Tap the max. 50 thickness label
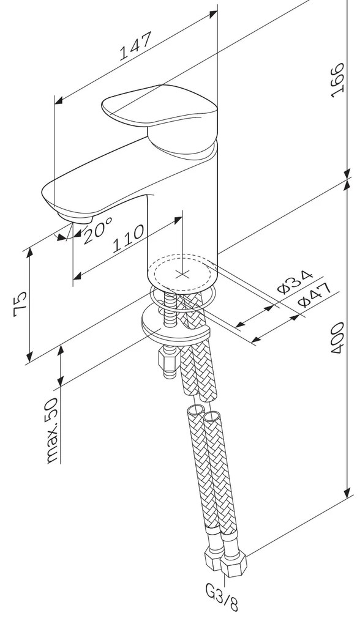[x=52, y=429]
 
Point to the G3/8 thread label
[x=229, y=600]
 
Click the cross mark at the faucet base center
[x=182, y=273]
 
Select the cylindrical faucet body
[x=182, y=214]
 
